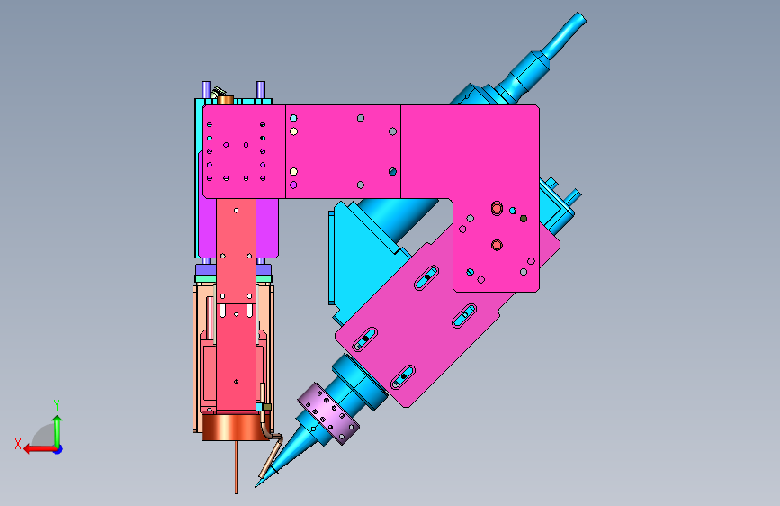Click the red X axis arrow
pyautogui.click(x=40, y=449)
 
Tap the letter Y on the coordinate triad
pyautogui.click(x=57, y=405)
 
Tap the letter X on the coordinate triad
pyautogui.click(x=18, y=444)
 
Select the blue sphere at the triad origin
pyautogui.click(x=58, y=449)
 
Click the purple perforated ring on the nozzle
pyautogui.click(x=328, y=413)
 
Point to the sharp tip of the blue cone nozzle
pyautogui.click(x=256, y=487)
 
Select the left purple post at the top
pyautogui.click(x=206, y=90)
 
